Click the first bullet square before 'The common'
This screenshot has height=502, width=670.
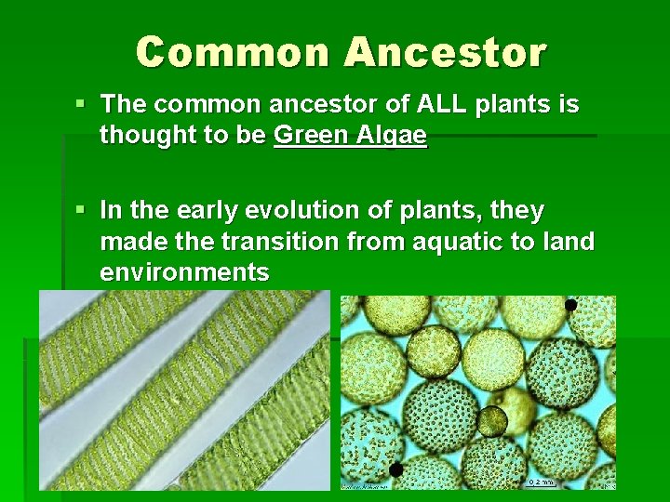click(x=85, y=104)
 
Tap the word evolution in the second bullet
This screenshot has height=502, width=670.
click(x=303, y=211)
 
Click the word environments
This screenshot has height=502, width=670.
click(x=184, y=272)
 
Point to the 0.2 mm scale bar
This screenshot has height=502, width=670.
click(x=540, y=482)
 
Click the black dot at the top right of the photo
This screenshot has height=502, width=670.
click(x=570, y=305)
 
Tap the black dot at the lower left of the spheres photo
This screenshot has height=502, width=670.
click(x=396, y=470)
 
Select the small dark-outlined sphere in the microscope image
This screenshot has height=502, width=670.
click(x=491, y=422)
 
